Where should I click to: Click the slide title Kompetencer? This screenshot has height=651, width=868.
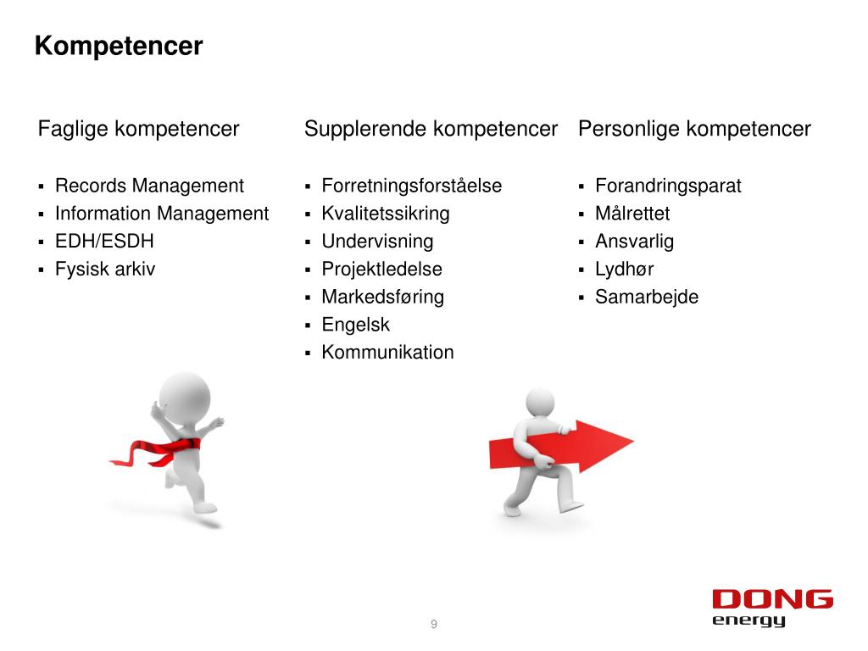119,46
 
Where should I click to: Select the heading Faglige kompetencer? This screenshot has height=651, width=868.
139,129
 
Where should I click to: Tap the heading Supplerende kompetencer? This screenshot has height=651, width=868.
431,129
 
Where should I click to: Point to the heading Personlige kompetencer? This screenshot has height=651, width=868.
694,129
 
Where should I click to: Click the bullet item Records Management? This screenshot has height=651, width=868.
149,186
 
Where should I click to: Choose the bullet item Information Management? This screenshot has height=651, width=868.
162,214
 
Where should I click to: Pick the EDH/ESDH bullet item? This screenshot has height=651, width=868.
104,242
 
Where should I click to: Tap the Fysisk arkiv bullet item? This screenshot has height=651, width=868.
105,270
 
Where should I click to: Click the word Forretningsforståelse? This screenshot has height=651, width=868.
411,186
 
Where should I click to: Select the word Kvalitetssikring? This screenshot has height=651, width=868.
386,214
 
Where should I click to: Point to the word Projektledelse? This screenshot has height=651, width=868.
381,270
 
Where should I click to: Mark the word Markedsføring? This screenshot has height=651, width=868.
382,298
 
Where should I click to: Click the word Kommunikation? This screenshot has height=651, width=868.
387,353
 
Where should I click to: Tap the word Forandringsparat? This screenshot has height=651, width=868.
668,186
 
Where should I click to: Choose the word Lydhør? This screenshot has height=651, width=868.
624,270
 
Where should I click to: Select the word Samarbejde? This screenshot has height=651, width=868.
647,298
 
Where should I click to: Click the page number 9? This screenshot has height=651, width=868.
434,626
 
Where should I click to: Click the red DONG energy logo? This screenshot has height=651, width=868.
772,608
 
